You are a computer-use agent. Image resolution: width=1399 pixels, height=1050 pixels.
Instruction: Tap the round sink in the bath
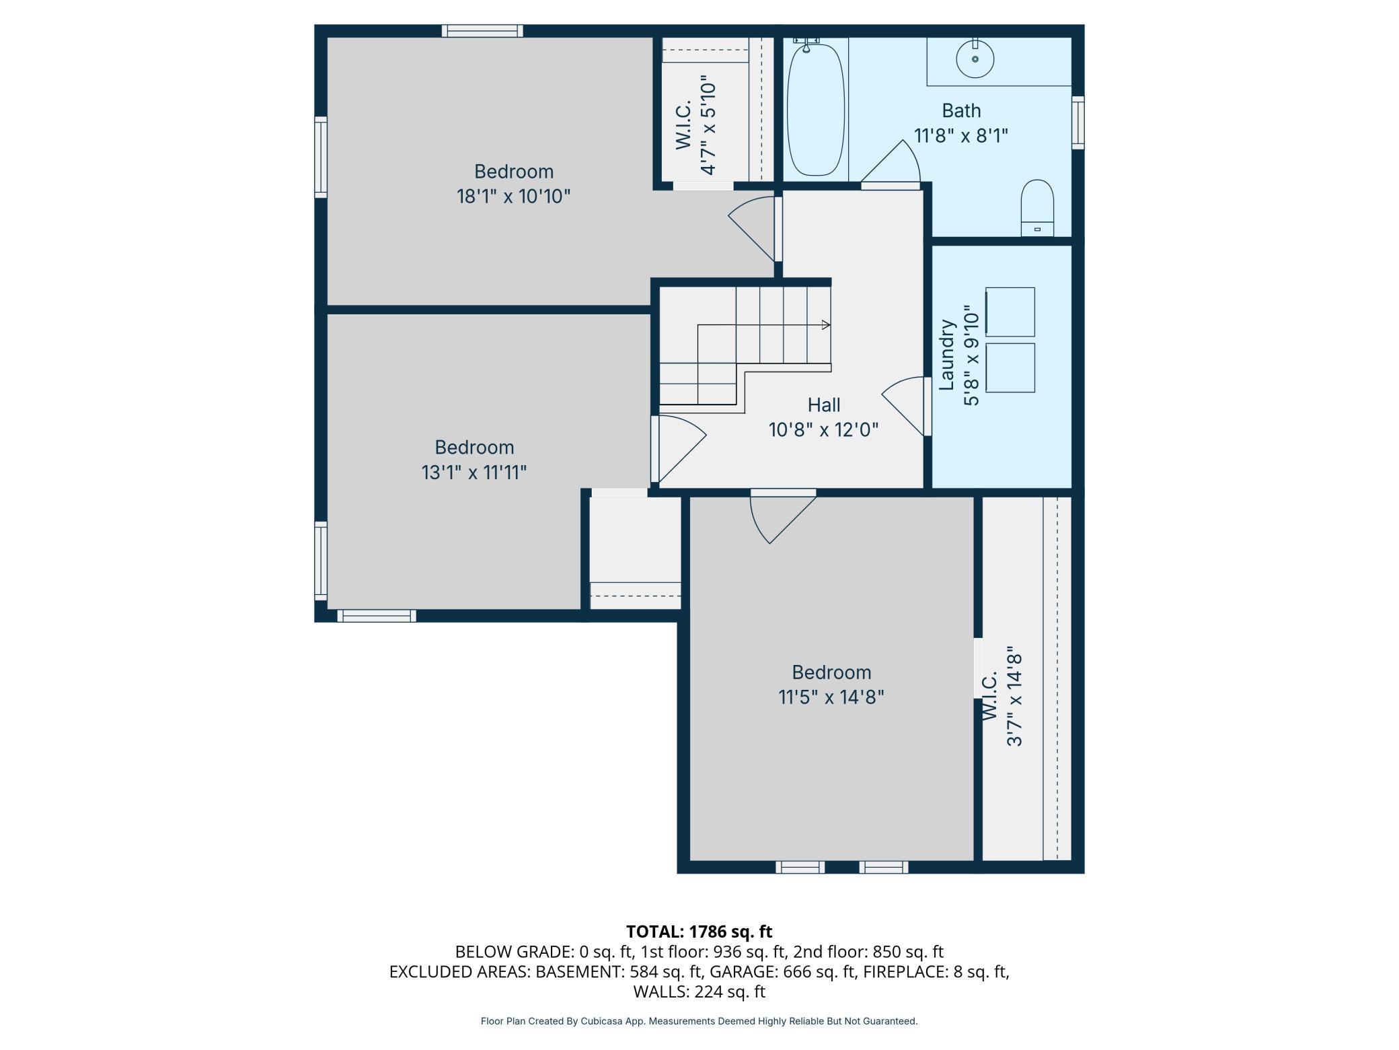pyautogui.click(x=975, y=59)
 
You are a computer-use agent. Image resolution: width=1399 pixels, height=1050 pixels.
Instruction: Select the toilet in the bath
pyautogui.click(x=1037, y=207)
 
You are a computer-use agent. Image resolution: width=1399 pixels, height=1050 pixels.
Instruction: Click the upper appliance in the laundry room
pyautogui.click(x=1010, y=312)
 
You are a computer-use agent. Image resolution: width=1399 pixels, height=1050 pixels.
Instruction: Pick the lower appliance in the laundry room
pyautogui.click(x=1010, y=367)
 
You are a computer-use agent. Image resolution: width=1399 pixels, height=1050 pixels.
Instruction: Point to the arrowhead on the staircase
pyautogui.click(x=827, y=325)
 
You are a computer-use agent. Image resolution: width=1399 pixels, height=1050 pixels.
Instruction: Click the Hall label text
pyautogui.click(x=824, y=405)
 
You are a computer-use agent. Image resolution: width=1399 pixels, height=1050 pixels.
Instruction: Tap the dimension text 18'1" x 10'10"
pyautogui.click(x=514, y=197)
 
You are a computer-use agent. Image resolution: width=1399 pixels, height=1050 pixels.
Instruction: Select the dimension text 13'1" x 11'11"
pyautogui.click(x=474, y=473)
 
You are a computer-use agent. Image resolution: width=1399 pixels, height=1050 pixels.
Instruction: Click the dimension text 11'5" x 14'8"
pyautogui.click(x=831, y=697)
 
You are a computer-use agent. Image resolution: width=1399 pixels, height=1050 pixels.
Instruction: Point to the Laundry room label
pyautogui.click(x=947, y=355)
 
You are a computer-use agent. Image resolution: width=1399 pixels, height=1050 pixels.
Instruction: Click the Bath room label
pyautogui.click(x=961, y=110)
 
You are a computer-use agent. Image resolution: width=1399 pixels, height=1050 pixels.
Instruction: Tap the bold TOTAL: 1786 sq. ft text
pyautogui.click(x=699, y=932)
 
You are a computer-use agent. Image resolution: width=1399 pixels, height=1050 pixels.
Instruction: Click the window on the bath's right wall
pyautogui.click(x=1077, y=123)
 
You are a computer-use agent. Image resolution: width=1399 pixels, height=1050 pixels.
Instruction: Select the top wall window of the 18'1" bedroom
pyautogui.click(x=482, y=31)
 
